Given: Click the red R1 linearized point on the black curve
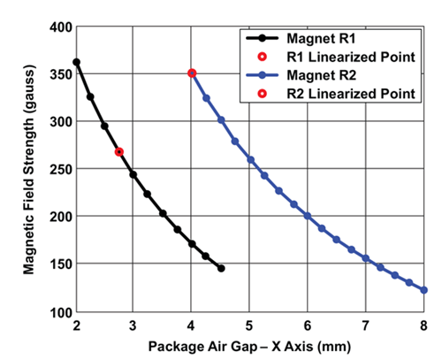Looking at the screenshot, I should point(119,152).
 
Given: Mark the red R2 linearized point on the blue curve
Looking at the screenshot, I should point(192,73).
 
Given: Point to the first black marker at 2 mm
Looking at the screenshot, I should point(76,62).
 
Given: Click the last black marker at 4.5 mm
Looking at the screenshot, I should point(221,268).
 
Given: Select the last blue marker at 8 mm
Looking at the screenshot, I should point(424,290).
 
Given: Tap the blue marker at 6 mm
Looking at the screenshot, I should point(308,215).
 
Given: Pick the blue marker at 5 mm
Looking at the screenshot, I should point(250,160).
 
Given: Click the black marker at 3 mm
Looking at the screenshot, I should point(133,174).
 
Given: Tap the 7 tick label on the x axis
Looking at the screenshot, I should point(366,324).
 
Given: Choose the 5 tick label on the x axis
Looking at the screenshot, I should point(250,324).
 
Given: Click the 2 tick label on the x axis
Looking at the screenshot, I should point(76,324).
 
